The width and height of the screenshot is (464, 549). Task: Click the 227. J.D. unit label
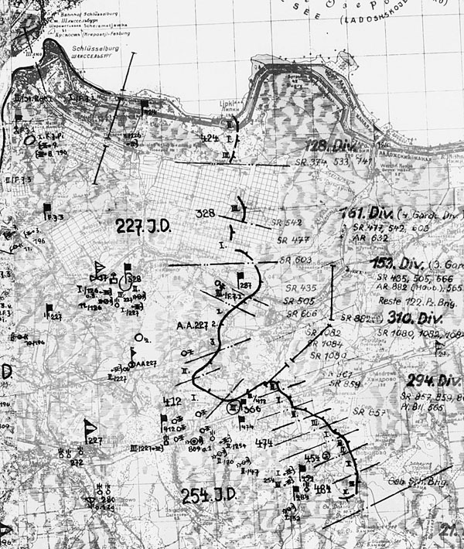point(143,226)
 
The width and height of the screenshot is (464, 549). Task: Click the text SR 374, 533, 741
point(333,162)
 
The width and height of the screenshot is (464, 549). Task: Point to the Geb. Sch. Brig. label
point(418,481)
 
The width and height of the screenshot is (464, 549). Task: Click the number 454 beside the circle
point(312,459)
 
